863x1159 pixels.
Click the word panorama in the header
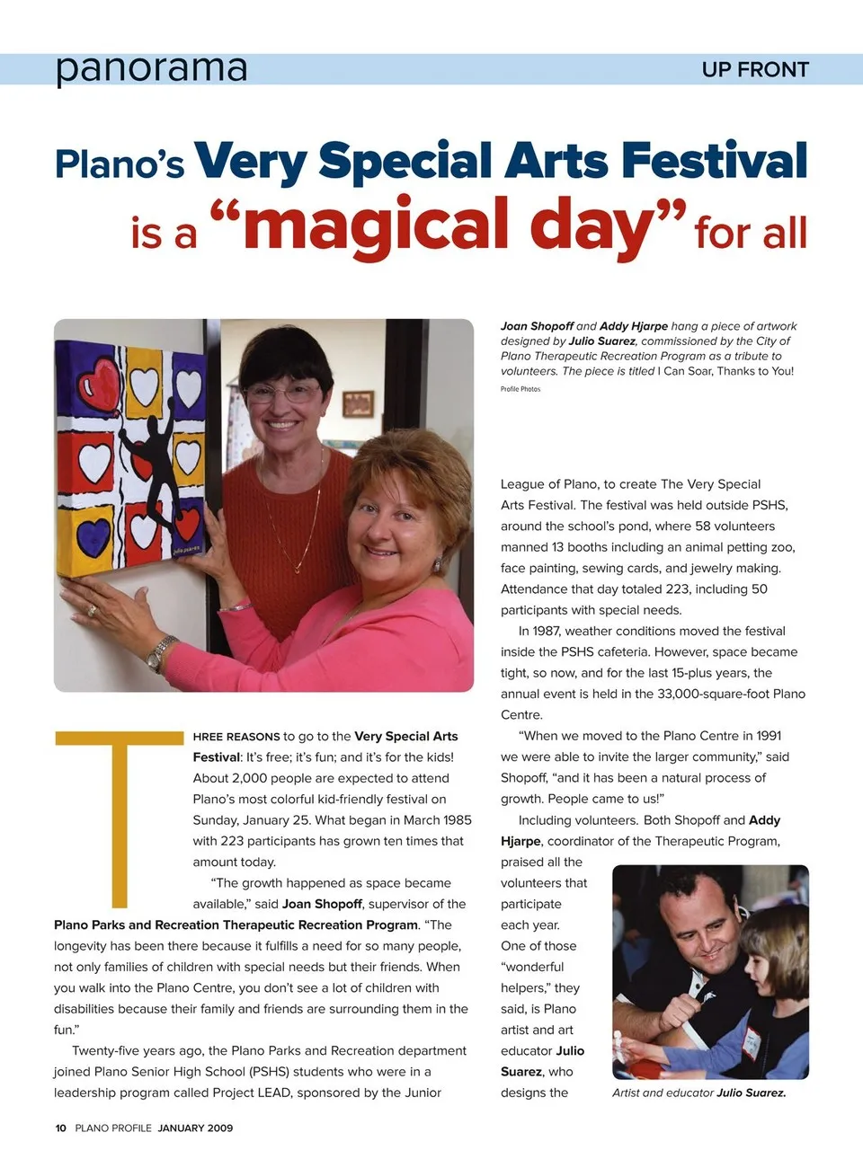(x=151, y=68)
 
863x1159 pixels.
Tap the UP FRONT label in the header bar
(x=755, y=70)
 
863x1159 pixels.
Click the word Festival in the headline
(x=714, y=162)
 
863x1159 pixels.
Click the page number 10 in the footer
(x=60, y=1128)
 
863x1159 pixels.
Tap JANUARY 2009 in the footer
(x=195, y=1128)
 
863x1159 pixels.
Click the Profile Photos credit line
(x=520, y=389)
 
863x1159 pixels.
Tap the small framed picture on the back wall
(x=358, y=403)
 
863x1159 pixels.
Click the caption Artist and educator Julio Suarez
(x=698, y=1093)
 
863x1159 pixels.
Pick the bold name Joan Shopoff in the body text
(x=322, y=904)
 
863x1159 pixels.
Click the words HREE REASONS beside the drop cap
(x=236, y=737)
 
